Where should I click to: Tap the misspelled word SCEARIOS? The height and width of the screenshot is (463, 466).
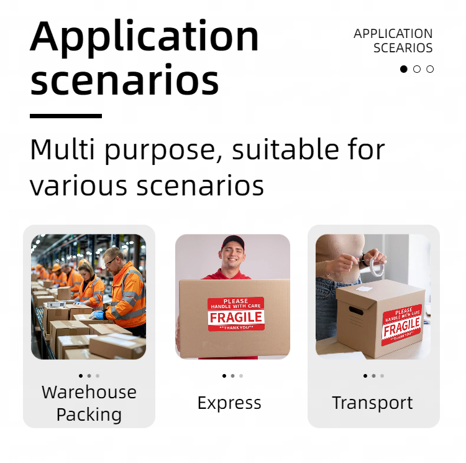tap(403, 48)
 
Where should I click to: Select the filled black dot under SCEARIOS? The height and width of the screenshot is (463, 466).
tap(404, 69)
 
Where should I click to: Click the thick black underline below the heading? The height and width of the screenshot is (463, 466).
tap(66, 116)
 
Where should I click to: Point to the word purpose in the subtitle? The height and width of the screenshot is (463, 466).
tap(160, 151)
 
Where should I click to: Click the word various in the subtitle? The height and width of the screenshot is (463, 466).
tap(78, 186)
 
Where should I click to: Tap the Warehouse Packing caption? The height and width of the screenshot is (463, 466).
tap(89, 403)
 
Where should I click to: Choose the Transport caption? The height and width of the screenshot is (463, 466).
tap(372, 403)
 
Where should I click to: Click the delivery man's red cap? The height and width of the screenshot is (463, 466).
tap(233, 241)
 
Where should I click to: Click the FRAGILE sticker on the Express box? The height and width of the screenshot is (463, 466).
tap(236, 314)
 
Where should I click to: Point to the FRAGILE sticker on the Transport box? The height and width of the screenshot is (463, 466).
tap(402, 325)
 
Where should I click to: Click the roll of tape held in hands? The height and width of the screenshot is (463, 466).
tap(376, 266)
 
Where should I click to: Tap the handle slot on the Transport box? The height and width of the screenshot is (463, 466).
tap(356, 311)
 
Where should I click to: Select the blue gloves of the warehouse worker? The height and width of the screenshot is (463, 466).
tap(96, 315)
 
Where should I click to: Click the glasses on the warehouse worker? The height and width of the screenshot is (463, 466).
tap(111, 262)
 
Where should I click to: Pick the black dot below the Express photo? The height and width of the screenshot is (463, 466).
tap(224, 376)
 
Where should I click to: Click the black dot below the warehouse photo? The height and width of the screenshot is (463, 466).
tap(81, 376)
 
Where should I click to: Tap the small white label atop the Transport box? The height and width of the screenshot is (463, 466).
tap(363, 289)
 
